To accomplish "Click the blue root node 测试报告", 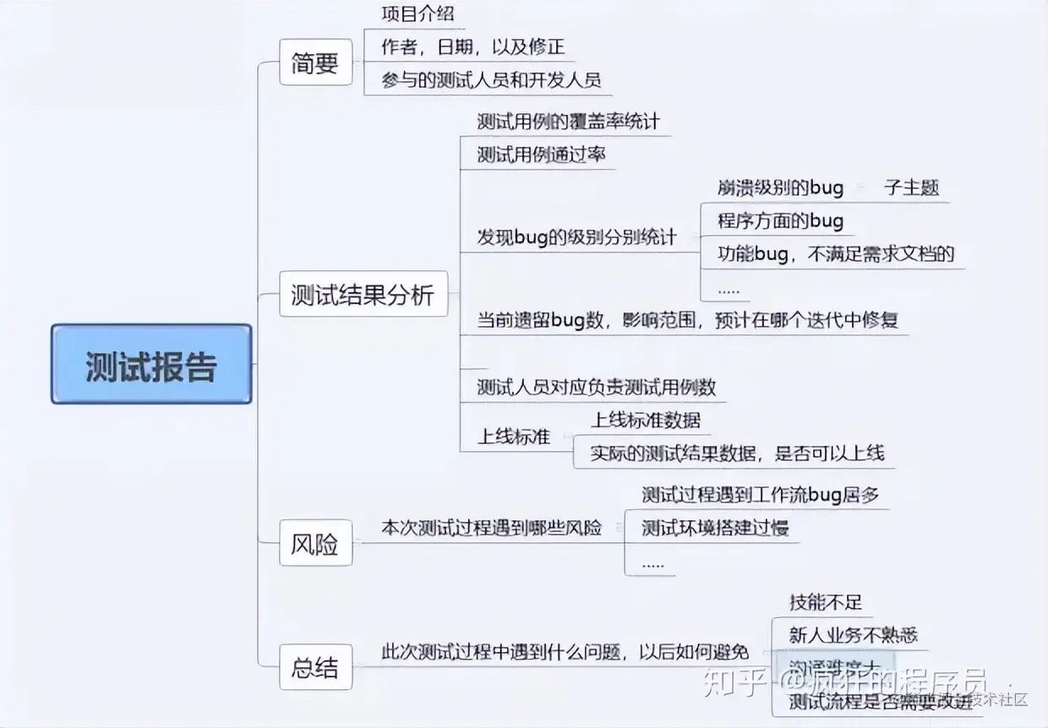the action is tap(151, 364).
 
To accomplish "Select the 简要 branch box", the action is tap(315, 62).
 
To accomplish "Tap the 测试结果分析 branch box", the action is tap(363, 295).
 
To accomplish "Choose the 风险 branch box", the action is tap(315, 544).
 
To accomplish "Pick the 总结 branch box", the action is tap(315, 668).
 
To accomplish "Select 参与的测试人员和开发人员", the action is tap(491, 81).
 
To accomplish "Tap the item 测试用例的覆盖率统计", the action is tap(568, 122).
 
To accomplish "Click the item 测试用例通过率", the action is tap(541, 155).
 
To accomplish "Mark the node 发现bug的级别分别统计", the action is tap(576, 238).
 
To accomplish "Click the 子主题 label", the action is tap(911, 187).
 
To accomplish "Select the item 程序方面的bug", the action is tap(780, 221).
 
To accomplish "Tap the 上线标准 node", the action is tap(514, 437).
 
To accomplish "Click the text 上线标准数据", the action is tap(646, 420).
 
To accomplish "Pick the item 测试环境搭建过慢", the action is tap(715, 529).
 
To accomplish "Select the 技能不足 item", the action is tap(826, 602).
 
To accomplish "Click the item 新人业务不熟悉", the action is tap(853, 635).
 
